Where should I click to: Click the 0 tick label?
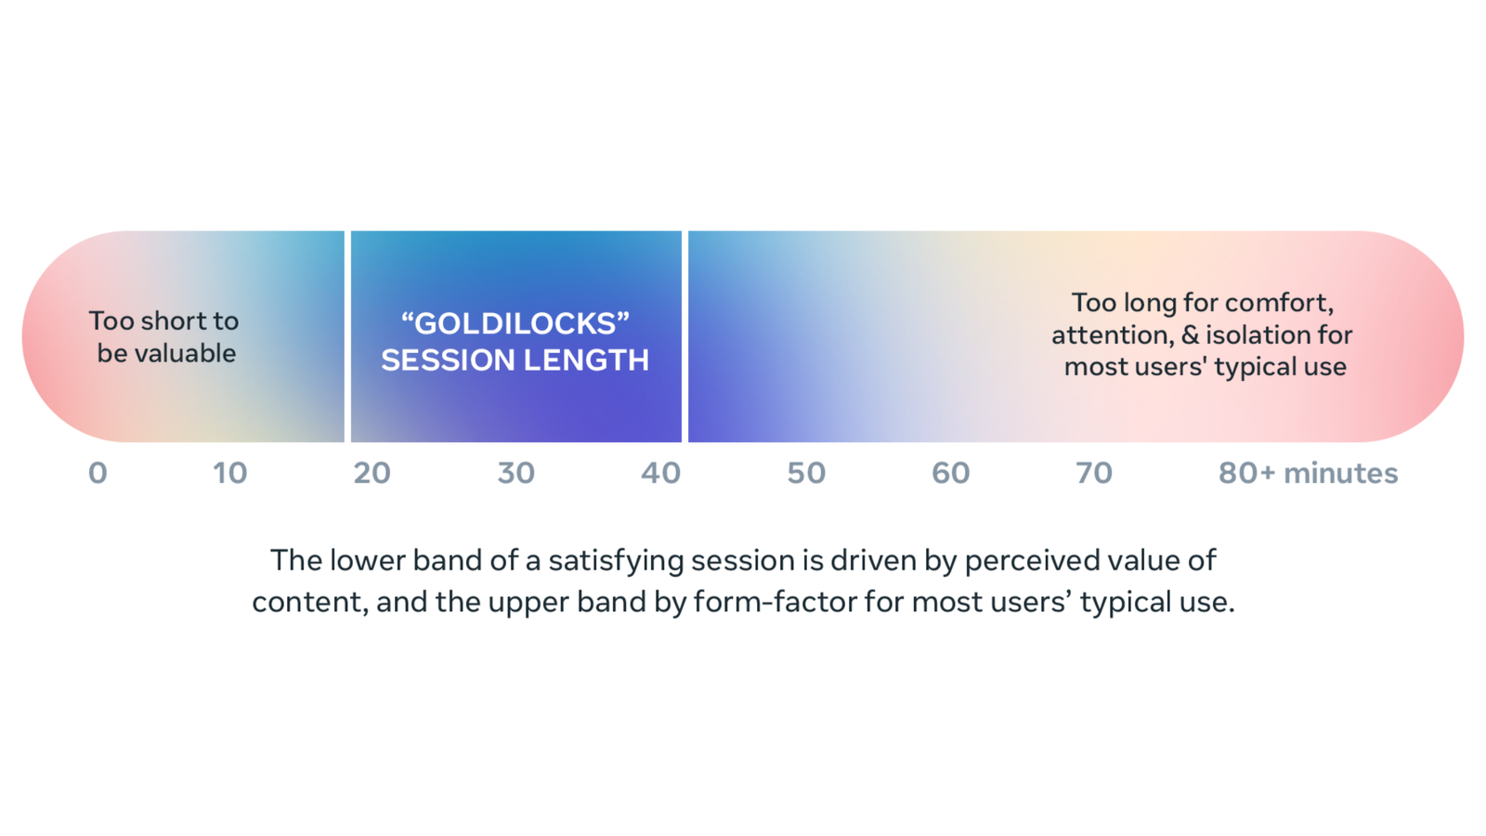(98, 473)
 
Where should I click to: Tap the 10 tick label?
(229, 473)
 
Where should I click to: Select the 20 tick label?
(371, 473)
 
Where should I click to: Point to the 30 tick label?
(515, 473)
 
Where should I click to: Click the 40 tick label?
(660, 473)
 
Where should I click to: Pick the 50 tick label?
(805, 473)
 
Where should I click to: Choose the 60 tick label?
(950, 473)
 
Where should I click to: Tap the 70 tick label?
(1093, 473)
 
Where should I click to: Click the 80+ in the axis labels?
(1246, 473)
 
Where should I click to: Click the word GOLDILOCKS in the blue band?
(515, 323)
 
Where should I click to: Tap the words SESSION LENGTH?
(515, 359)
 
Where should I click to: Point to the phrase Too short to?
(163, 320)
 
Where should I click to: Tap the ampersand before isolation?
(1190, 334)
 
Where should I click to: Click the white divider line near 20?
(347, 336)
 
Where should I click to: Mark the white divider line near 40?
(684, 336)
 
